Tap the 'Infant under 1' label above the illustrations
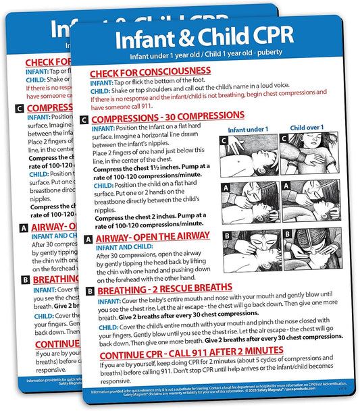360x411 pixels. point(248,129)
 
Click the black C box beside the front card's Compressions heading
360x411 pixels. point(84,119)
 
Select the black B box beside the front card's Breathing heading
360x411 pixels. point(90,291)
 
